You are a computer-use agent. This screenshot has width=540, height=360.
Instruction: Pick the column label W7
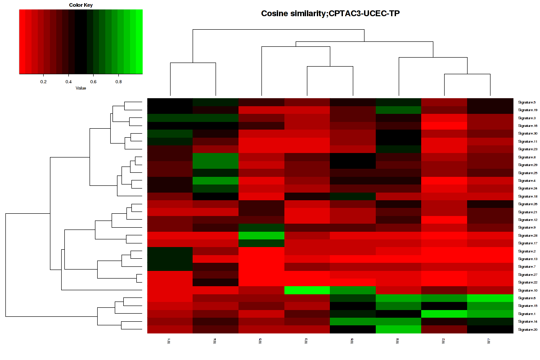[489, 342]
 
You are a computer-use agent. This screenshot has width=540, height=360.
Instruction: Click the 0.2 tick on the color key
[44, 82]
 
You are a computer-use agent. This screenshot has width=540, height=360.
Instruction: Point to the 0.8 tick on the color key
[119, 82]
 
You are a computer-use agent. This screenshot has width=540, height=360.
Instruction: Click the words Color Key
[81, 5]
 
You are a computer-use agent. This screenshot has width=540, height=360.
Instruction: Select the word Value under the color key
[81, 88]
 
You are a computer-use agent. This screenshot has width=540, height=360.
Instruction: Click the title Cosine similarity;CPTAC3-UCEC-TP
[330, 13]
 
